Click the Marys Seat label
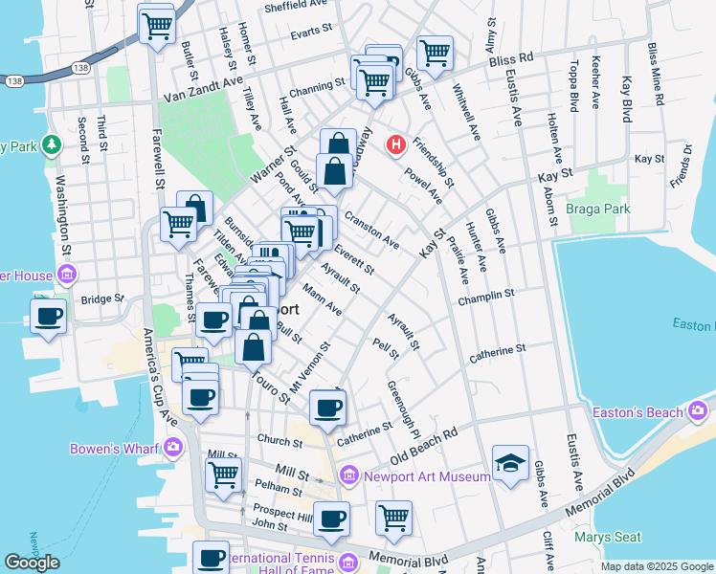tap(607, 537)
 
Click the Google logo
tap(33, 563)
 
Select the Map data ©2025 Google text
tap(657, 566)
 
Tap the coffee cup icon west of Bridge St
tap(47, 316)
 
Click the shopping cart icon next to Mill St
tap(223, 473)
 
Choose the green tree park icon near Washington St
tap(52, 145)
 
